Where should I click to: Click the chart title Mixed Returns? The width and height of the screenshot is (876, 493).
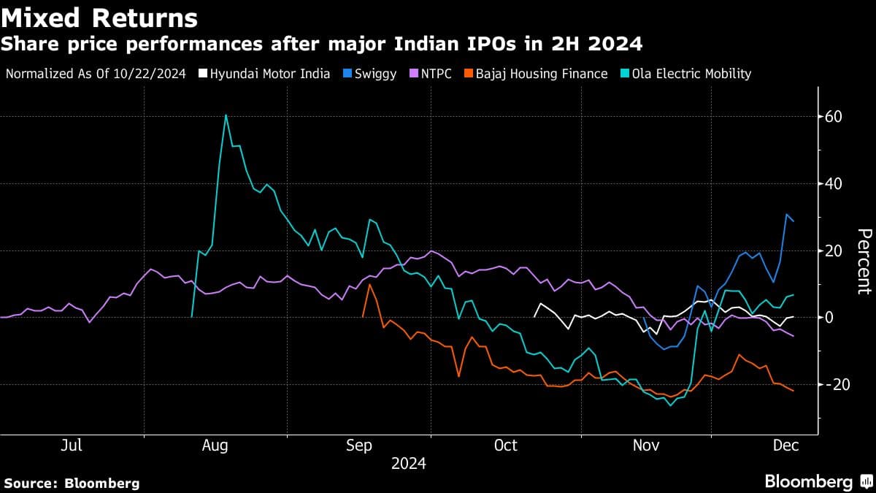point(99,18)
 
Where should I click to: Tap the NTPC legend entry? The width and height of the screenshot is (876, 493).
point(431,74)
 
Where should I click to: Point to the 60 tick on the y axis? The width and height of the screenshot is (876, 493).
point(834,117)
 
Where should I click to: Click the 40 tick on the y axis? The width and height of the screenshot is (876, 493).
point(834,184)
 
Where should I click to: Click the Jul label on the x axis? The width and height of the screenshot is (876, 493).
point(72,445)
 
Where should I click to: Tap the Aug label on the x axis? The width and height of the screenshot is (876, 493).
point(215,445)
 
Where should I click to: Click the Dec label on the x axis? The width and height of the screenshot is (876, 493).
point(785,445)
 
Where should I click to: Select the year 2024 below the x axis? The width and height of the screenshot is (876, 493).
point(409,464)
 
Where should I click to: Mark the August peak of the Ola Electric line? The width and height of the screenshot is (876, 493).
point(226,115)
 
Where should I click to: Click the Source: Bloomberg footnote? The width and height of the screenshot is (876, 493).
point(72,483)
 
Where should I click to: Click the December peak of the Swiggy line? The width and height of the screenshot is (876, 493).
point(787,215)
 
